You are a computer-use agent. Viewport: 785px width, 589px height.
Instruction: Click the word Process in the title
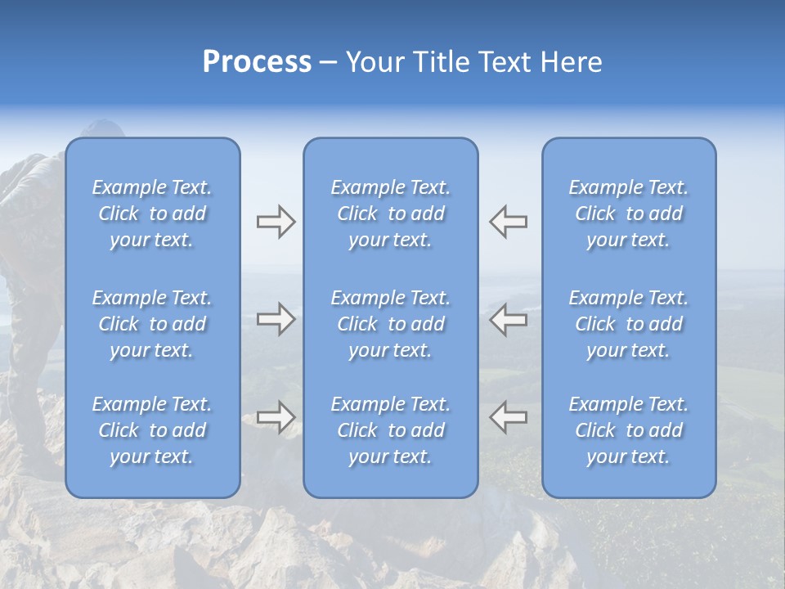257,62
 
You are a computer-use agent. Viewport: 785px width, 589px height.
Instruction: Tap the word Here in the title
571,62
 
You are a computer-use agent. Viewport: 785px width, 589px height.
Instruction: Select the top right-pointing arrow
276,222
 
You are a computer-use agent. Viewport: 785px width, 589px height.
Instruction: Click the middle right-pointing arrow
276,319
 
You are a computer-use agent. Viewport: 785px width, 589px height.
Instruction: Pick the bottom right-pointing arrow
276,417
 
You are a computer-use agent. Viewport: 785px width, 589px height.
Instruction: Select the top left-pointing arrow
508,222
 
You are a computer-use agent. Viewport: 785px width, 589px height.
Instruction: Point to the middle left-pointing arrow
508,319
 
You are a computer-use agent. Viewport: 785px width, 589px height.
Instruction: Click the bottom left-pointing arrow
508,417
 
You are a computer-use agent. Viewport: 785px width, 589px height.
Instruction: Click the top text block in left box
152,214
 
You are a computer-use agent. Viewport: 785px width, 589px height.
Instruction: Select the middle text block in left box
152,324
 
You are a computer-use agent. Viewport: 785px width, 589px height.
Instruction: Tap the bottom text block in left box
152,430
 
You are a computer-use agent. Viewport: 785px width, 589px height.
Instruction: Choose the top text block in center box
390,214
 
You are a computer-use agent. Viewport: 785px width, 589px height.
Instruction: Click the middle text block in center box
390,324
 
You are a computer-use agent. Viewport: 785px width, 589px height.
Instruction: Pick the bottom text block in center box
390,430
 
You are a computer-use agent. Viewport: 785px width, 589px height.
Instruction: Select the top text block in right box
628,214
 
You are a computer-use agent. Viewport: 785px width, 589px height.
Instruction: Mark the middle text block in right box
628,324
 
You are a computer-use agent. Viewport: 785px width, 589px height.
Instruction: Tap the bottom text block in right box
628,430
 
